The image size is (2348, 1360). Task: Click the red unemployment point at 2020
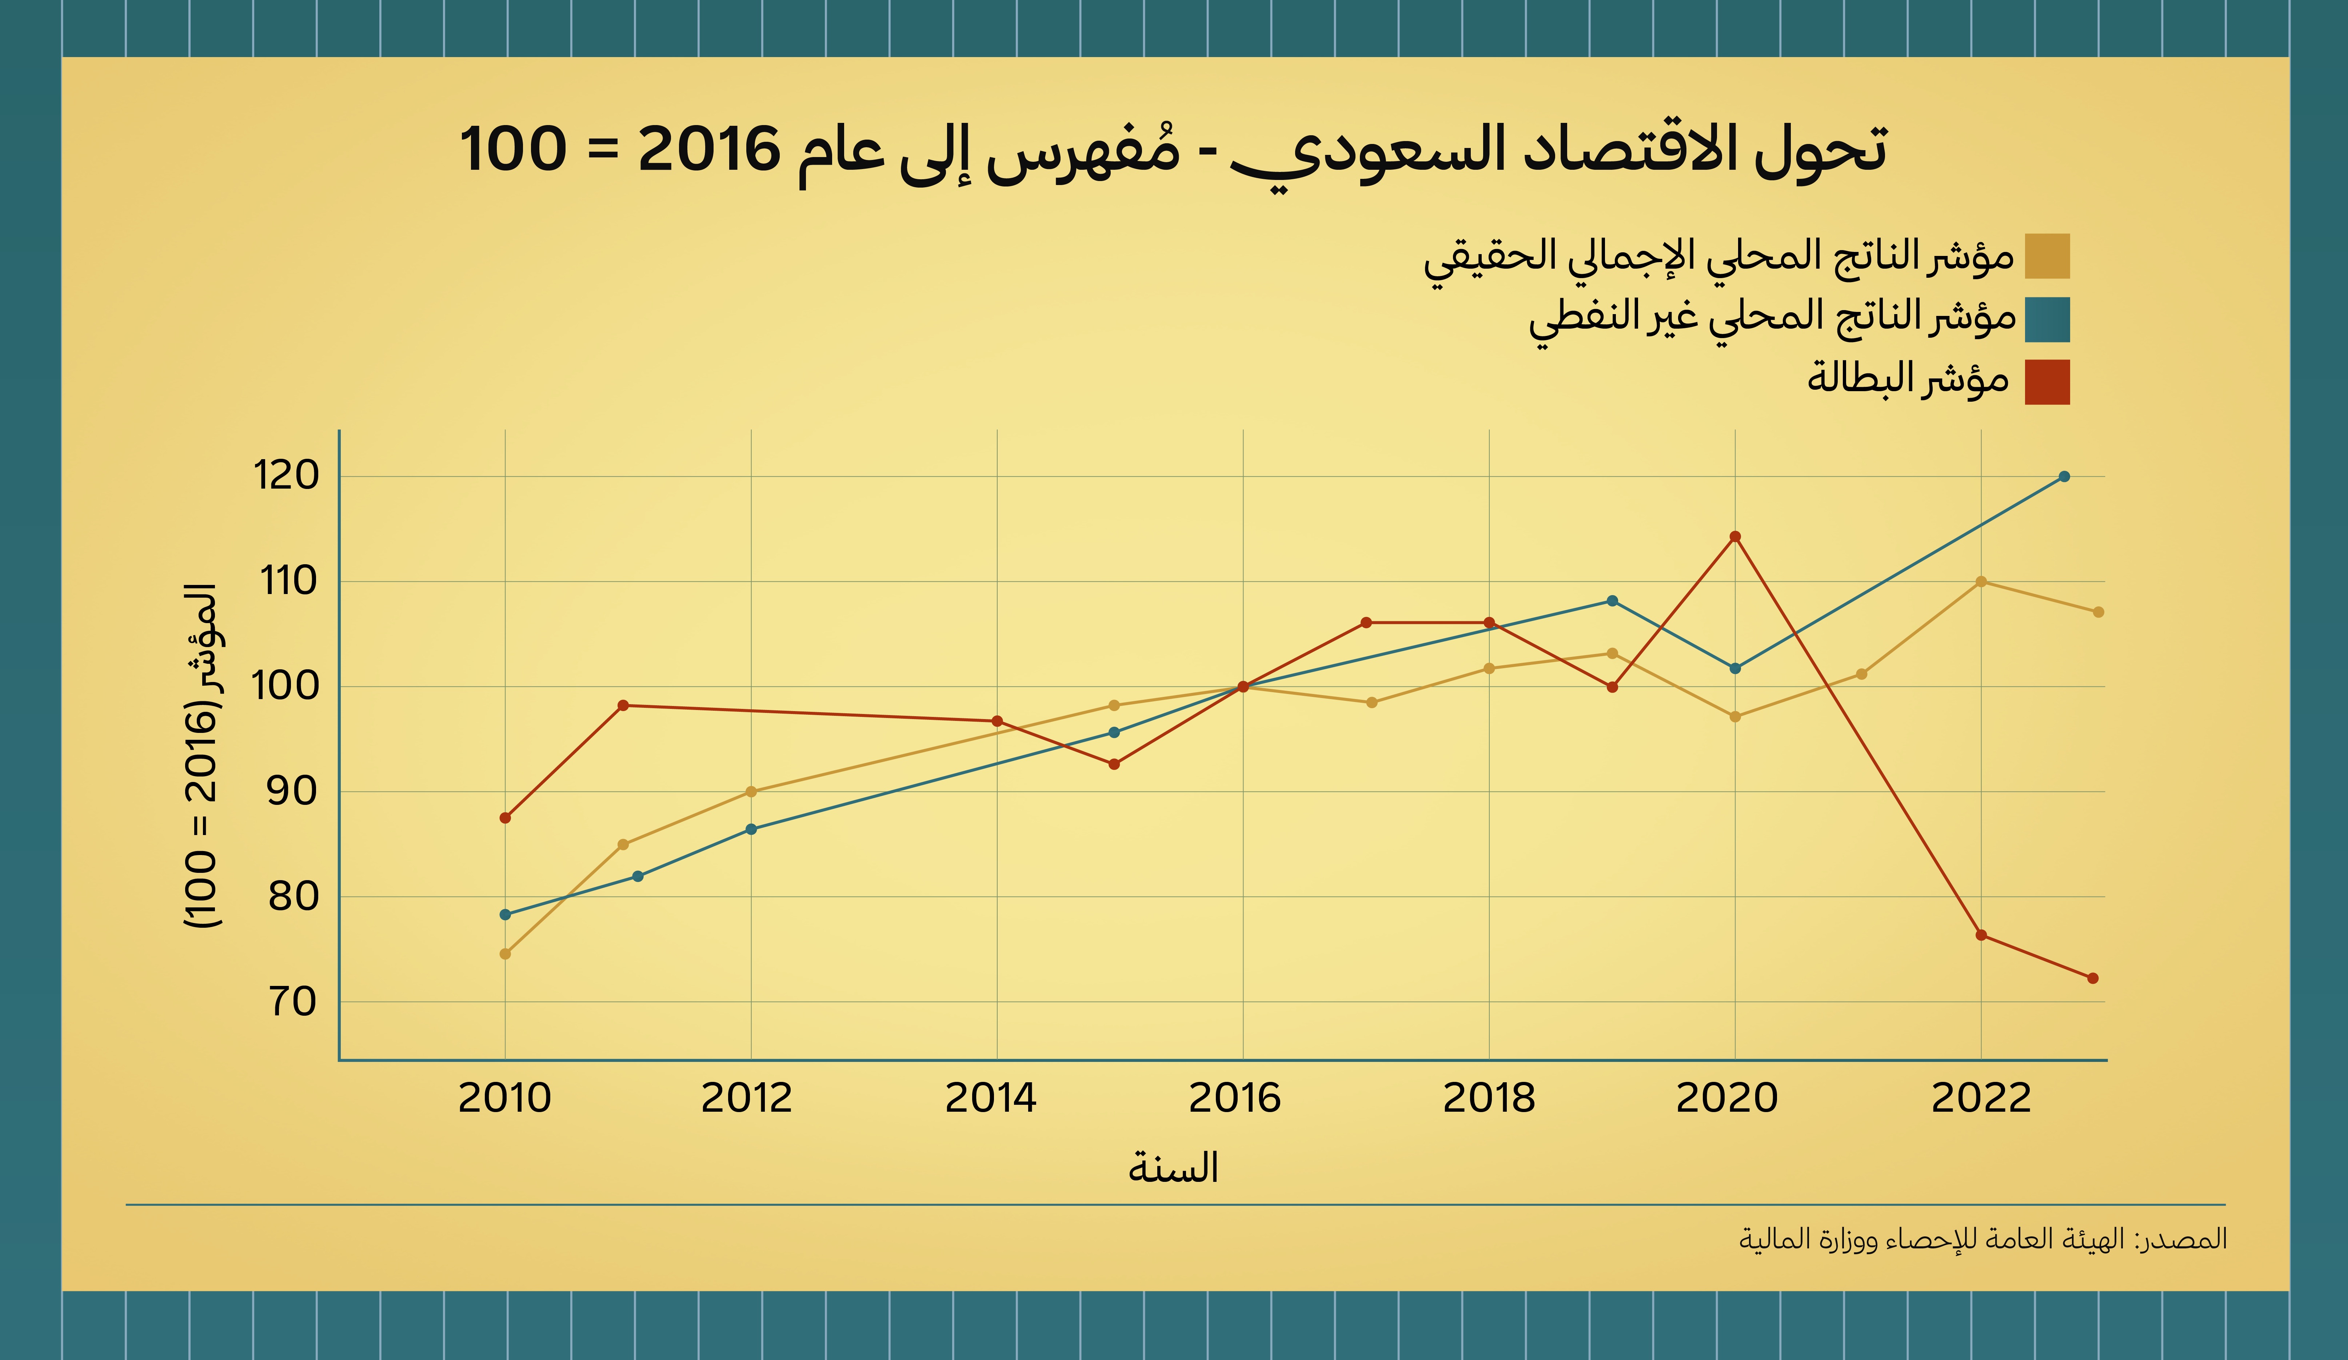click(1735, 537)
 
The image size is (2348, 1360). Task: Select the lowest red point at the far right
click(2093, 978)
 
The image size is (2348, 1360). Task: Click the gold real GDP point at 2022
click(1981, 581)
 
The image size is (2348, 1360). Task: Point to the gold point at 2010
click(505, 954)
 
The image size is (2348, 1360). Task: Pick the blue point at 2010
click(505, 915)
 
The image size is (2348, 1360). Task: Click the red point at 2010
click(505, 818)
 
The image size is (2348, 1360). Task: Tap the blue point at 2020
click(1735, 668)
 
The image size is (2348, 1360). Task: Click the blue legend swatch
click(2047, 320)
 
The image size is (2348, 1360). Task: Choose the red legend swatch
click(2047, 382)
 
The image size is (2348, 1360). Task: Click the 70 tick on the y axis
click(292, 1002)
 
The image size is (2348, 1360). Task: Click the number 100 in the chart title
click(514, 149)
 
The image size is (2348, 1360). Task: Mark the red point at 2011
click(623, 705)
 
